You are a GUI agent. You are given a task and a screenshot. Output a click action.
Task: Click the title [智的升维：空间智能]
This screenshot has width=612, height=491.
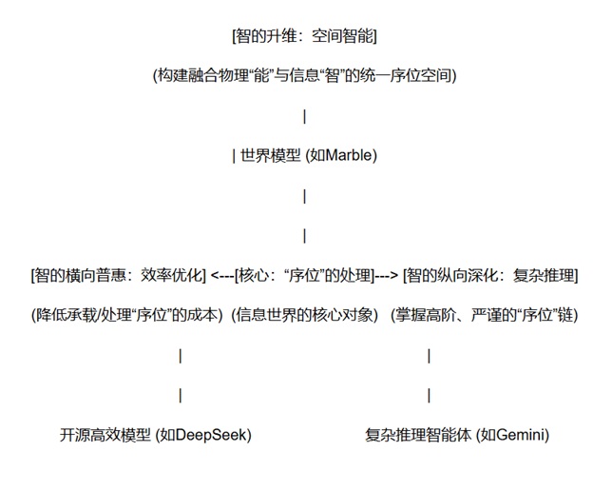tap(304, 38)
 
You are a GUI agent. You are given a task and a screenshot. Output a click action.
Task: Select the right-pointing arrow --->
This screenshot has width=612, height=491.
tap(386, 276)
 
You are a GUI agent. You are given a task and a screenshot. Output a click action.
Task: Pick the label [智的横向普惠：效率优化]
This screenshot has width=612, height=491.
tap(119, 276)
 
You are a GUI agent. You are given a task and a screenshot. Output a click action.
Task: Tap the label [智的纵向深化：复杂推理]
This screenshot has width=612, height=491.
tap(490, 276)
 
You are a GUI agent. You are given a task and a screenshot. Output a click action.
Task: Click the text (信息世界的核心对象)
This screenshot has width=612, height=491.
tap(306, 315)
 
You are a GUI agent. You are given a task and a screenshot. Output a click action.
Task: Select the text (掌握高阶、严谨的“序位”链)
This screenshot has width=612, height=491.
tap(484, 315)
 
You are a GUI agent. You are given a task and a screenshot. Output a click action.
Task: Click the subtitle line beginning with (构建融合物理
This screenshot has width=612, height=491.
tap(304, 77)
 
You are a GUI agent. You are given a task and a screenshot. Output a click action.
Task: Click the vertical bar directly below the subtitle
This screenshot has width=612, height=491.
tap(304, 117)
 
